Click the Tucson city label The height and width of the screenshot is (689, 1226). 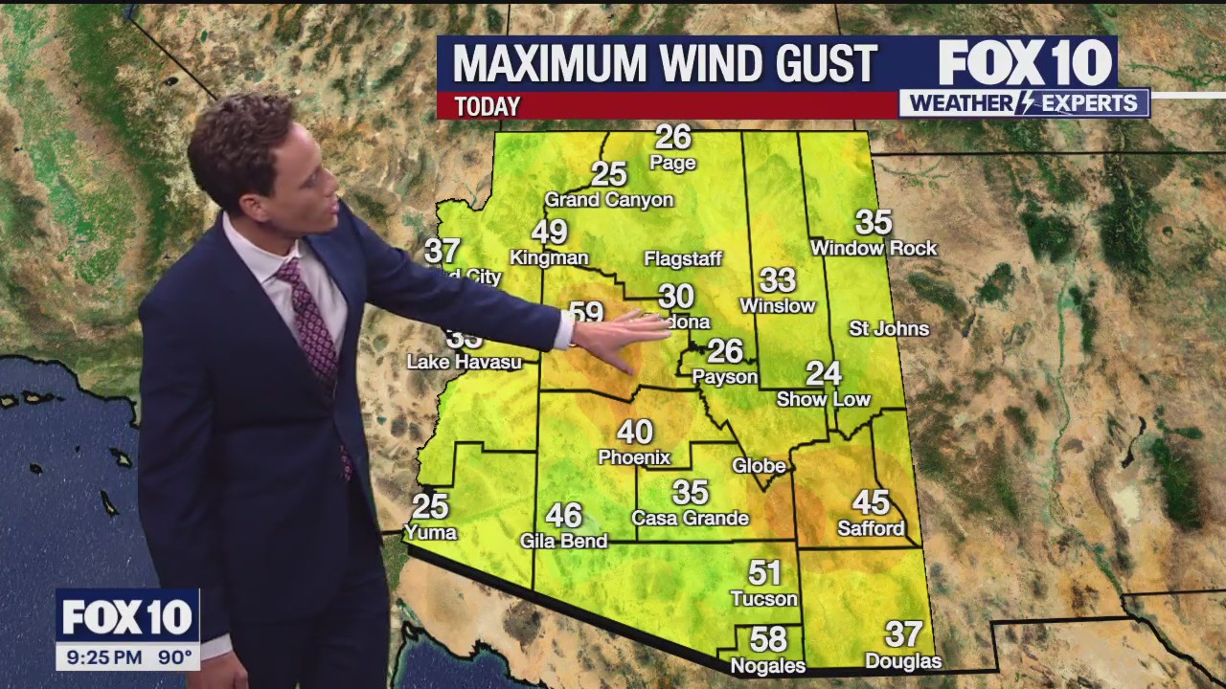763,599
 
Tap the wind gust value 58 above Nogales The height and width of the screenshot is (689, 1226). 768,639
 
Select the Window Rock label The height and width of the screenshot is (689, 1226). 874,249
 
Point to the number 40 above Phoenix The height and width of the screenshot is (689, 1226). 635,433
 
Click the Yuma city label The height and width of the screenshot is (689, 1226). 430,532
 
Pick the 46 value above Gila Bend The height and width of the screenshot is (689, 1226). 563,516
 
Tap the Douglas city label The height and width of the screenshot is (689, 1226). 903,661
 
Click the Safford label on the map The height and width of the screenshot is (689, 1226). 871,528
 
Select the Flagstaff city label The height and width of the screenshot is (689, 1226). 683,259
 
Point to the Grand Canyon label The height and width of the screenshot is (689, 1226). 609,200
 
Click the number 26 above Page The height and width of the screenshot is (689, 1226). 673,137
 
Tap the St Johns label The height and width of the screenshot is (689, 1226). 889,328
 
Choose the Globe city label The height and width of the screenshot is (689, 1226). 759,466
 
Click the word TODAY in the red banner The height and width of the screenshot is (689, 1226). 488,106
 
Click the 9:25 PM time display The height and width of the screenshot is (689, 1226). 102,658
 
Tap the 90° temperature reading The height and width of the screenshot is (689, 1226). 174,658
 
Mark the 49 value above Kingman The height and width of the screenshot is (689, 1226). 550,233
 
